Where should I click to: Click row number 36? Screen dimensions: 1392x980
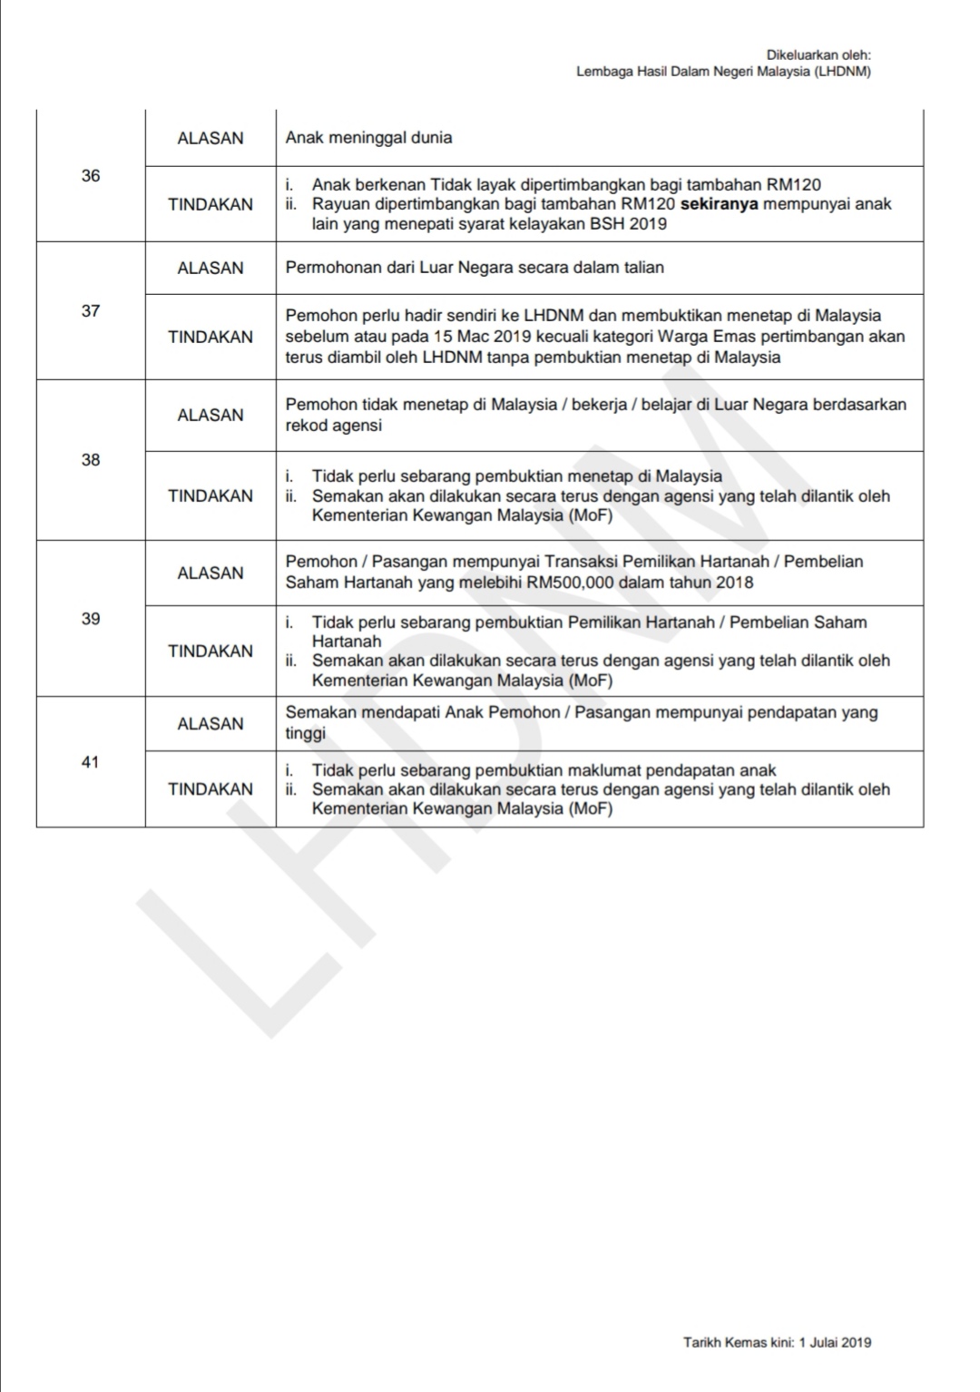(x=91, y=176)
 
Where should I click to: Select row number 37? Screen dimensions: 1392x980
(x=91, y=311)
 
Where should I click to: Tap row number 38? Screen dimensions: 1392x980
(x=91, y=460)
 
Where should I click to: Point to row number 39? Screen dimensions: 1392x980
(x=91, y=619)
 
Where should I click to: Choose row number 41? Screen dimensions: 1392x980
(x=91, y=762)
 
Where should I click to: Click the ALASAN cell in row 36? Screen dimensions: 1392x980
(x=211, y=139)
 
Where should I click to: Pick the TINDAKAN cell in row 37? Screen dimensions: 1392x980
(x=211, y=337)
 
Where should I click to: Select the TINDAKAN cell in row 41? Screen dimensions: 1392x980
(x=211, y=789)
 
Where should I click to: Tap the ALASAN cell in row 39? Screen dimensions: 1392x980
(x=211, y=573)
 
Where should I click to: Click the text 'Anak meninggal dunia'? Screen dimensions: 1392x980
(x=368, y=138)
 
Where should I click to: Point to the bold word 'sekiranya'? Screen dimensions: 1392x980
(x=719, y=204)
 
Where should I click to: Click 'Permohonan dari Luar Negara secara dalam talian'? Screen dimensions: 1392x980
(x=475, y=268)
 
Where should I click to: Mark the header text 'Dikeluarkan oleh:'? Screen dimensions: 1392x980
(x=818, y=55)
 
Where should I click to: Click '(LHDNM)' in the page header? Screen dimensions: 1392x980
(x=843, y=72)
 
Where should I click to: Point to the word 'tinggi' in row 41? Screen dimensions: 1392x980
(x=306, y=733)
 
